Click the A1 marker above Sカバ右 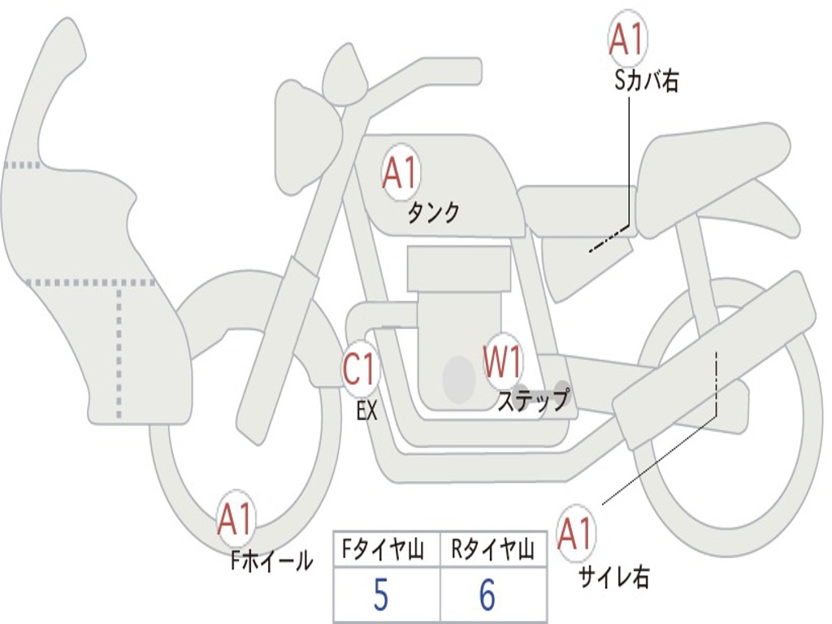pyautogui.click(x=628, y=39)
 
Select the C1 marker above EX pyautogui.click(x=361, y=369)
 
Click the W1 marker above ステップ pyautogui.click(x=503, y=360)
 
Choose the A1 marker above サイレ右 pyautogui.click(x=575, y=533)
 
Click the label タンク pyautogui.click(x=433, y=214)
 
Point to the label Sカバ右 pyautogui.click(x=646, y=81)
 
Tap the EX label pyautogui.click(x=366, y=410)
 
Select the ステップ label pyautogui.click(x=533, y=400)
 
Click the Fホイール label pyautogui.click(x=271, y=561)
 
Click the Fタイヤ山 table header pyautogui.click(x=383, y=549)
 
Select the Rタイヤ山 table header pyautogui.click(x=492, y=549)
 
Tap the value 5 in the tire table pyautogui.click(x=380, y=595)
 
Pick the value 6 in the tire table pyautogui.click(x=487, y=595)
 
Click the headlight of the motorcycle pyautogui.click(x=309, y=139)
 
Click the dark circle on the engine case pyautogui.click(x=459, y=379)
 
